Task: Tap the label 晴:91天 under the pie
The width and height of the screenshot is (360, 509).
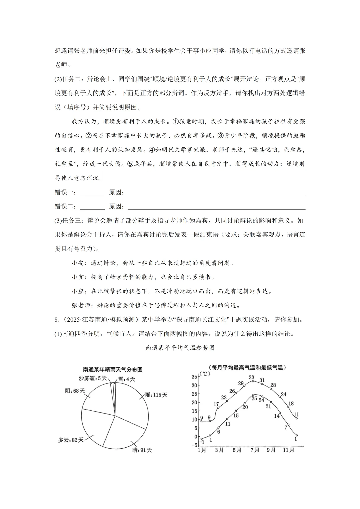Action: click(x=142, y=450)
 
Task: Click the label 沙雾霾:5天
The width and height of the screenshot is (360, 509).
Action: click(x=93, y=378)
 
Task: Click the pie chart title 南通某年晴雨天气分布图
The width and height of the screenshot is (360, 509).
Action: click(x=113, y=370)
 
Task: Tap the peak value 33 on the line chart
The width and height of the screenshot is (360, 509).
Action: click(x=252, y=377)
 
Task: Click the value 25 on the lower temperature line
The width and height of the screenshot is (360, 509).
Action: click(x=254, y=398)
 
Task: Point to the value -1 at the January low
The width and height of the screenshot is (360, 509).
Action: click(x=201, y=442)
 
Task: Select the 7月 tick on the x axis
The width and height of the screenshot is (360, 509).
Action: click(x=255, y=450)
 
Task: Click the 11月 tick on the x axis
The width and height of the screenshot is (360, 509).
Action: click(x=289, y=450)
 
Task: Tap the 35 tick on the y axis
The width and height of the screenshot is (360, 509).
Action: click(x=194, y=377)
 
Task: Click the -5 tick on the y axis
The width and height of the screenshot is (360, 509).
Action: click(x=194, y=445)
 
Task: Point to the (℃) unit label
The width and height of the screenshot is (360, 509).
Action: click(x=205, y=374)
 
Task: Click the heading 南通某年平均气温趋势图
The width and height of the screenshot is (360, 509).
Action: click(x=180, y=348)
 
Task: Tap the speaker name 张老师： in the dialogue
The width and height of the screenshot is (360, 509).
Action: click(x=83, y=305)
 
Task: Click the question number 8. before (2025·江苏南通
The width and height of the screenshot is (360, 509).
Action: click(x=57, y=319)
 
